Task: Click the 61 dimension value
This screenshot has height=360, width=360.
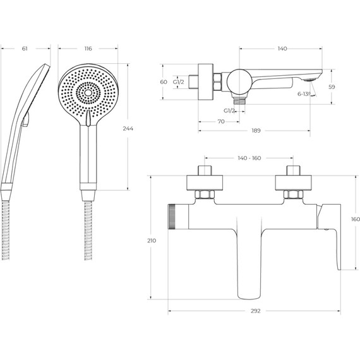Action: click(x=25, y=49)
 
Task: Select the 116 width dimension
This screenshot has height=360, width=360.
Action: click(x=88, y=49)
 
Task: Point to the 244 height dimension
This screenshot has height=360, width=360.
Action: click(x=128, y=129)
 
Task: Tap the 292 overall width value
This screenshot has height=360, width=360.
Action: click(x=256, y=311)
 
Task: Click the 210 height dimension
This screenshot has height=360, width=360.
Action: click(x=152, y=241)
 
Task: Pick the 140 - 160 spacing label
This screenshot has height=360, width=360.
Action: click(x=249, y=158)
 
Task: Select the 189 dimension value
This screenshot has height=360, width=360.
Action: click(x=256, y=131)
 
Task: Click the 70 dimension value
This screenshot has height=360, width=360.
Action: click(x=221, y=121)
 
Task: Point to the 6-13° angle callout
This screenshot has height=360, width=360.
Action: click(x=304, y=94)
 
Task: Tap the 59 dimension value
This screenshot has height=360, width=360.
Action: click(x=332, y=87)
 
